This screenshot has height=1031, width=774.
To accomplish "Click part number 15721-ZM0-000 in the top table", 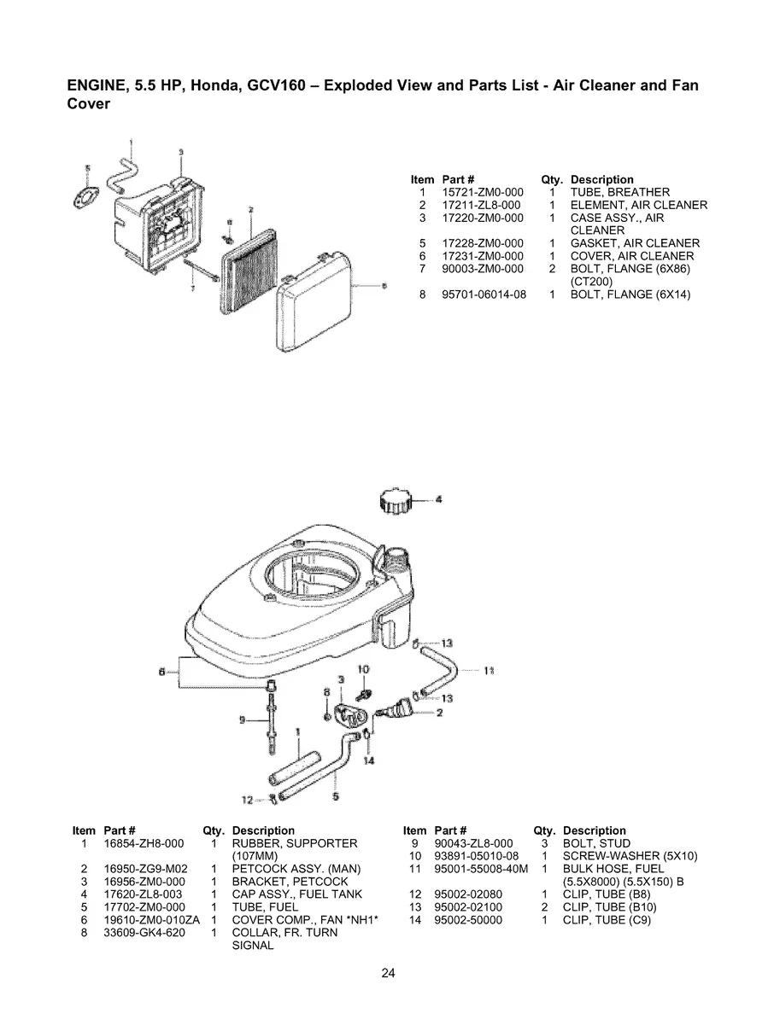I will point(482,193).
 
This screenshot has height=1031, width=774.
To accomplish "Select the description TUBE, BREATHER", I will point(619,193).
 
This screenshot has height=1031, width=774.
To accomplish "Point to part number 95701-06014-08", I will point(484,295).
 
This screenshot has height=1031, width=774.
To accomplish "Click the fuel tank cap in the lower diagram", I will point(398,500).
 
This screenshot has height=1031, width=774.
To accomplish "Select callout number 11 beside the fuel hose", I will point(490,671).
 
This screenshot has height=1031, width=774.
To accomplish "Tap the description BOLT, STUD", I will point(596,844).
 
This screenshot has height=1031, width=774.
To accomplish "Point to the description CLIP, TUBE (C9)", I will point(606,921).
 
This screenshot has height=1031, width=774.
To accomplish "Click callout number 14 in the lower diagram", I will point(368,760).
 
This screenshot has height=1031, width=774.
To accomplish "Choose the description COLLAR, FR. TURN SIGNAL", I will point(284,940).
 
